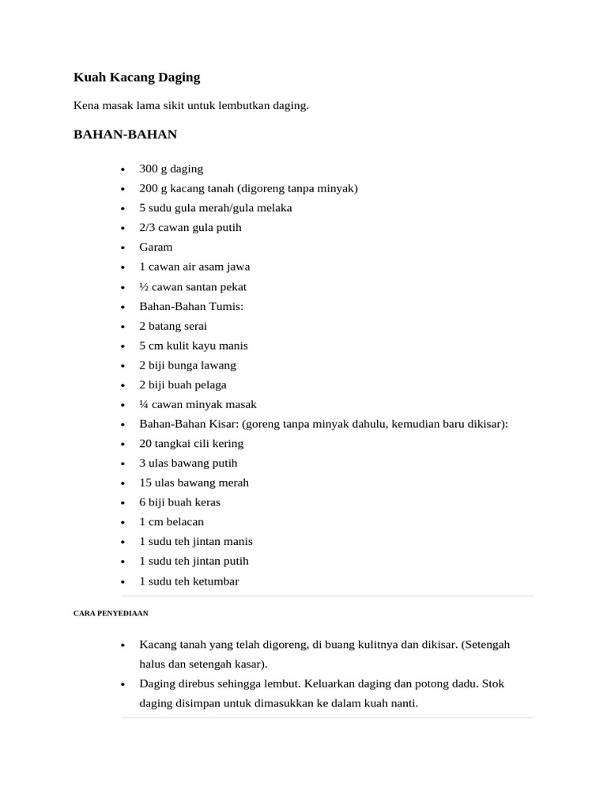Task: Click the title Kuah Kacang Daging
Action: (x=137, y=78)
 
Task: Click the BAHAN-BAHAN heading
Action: (x=125, y=134)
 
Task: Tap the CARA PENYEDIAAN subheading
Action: (x=111, y=613)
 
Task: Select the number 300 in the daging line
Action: (x=149, y=168)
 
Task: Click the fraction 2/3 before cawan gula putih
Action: (x=149, y=228)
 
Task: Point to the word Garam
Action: (x=156, y=247)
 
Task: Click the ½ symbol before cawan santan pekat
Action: (x=144, y=286)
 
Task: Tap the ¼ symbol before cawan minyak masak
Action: (x=144, y=404)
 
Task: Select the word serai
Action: (x=195, y=326)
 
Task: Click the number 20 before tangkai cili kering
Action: (x=145, y=444)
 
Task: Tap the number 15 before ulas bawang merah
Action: (x=145, y=483)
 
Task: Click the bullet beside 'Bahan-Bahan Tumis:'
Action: (x=123, y=307)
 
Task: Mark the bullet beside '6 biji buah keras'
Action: (x=123, y=503)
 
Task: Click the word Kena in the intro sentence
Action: (x=86, y=105)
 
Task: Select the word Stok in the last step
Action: (x=492, y=683)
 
